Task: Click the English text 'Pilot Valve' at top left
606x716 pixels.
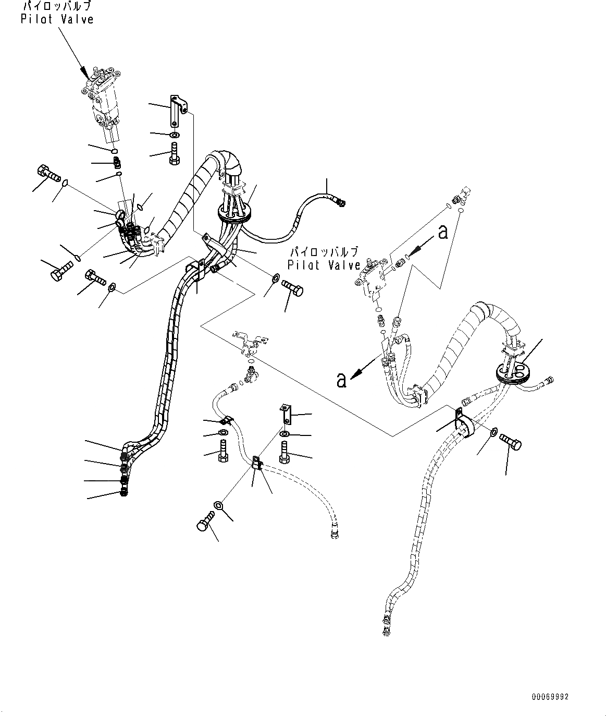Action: click(x=57, y=20)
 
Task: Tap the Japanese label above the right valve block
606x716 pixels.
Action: click(x=324, y=252)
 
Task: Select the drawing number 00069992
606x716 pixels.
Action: click(x=550, y=697)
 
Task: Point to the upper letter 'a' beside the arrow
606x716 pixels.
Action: click(x=443, y=233)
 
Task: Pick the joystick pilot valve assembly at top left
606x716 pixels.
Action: click(x=105, y=99)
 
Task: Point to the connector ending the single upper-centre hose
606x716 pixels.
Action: click(x=341, y=201)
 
